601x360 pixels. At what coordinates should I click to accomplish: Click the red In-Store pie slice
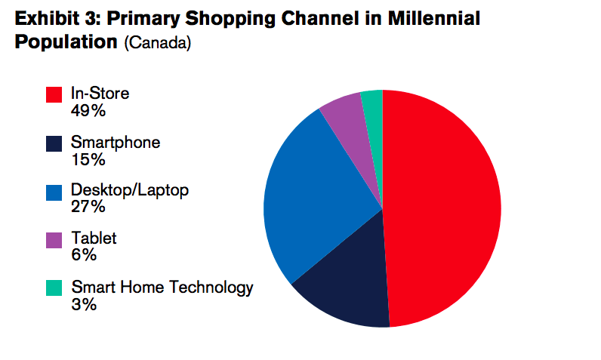coord(445,208)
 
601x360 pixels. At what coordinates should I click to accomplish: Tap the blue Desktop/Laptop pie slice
coord(317,196)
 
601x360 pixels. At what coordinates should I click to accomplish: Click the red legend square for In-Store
coord(54,94)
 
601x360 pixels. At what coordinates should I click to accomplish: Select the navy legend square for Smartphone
coord(54,143)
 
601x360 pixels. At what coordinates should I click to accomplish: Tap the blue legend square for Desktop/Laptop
coord(54,192)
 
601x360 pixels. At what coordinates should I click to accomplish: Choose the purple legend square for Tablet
coord(54,240)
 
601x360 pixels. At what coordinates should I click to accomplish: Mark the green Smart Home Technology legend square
coord(54,288)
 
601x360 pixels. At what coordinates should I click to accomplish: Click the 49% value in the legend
coord(88,110)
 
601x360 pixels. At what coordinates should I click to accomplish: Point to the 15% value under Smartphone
coord(88,159)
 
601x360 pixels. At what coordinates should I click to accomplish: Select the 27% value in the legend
coord(88,207)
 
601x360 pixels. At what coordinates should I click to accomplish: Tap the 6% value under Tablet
coord(84,255)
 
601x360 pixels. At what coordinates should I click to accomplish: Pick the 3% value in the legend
coord(84,304)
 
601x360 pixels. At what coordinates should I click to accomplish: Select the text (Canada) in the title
coord(158,44)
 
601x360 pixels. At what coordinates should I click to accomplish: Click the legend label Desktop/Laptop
coord(129,189)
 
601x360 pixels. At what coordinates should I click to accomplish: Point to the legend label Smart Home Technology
coord(162,287)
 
